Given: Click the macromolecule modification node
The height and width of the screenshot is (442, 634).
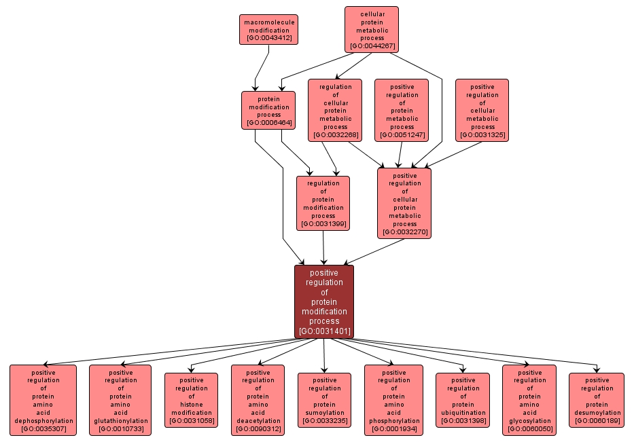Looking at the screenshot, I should pyautogui.click(x=268, y=30).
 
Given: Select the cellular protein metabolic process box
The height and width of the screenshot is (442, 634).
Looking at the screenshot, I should pyautogui.click(x=371, y=29).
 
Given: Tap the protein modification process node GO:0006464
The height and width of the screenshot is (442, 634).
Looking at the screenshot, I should pyautogui.click(x=268, y=110).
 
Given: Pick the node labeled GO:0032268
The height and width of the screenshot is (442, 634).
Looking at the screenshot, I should pyautogui.click(x=335, y=110).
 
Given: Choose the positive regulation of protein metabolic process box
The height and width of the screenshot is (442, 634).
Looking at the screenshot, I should pyautogui.click(x=402, y=110).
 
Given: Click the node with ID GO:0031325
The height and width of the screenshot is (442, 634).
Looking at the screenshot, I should pyautogui.click(x=482, y=110).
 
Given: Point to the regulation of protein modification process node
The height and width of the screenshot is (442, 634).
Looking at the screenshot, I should pyautogui.click(x=323, y=203).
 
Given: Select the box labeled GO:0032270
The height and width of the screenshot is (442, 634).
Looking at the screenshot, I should pyautogui.click(x=404, y=203).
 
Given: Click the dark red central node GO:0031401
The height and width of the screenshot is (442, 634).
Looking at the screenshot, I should pyautogui.click(x=324, y=301).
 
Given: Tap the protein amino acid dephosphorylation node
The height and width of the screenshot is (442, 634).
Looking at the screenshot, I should pyautogui.click(x=43, y=401).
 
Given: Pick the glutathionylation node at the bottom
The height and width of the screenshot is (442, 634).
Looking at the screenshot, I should pyautogui.click(x=120, y=401).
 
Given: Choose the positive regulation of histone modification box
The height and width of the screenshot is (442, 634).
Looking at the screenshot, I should pyautogui.click(x=191, y=401).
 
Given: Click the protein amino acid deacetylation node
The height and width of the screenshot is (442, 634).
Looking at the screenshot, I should pyautogui.click(x=258, y=401).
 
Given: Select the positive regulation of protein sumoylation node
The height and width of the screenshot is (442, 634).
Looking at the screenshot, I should pyautogui.click(x=324, y=401).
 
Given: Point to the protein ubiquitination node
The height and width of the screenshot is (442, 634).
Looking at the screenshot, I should pyautogui.click(x=463, y=401).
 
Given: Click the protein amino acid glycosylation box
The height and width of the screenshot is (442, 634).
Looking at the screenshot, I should pyautogui.click(x=529, y=401).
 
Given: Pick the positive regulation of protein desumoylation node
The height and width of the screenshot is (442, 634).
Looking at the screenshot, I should pyautogui.click(x=596, y=401).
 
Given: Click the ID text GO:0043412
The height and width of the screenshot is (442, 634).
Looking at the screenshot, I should pyautogui.click(x=269, y=38).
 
